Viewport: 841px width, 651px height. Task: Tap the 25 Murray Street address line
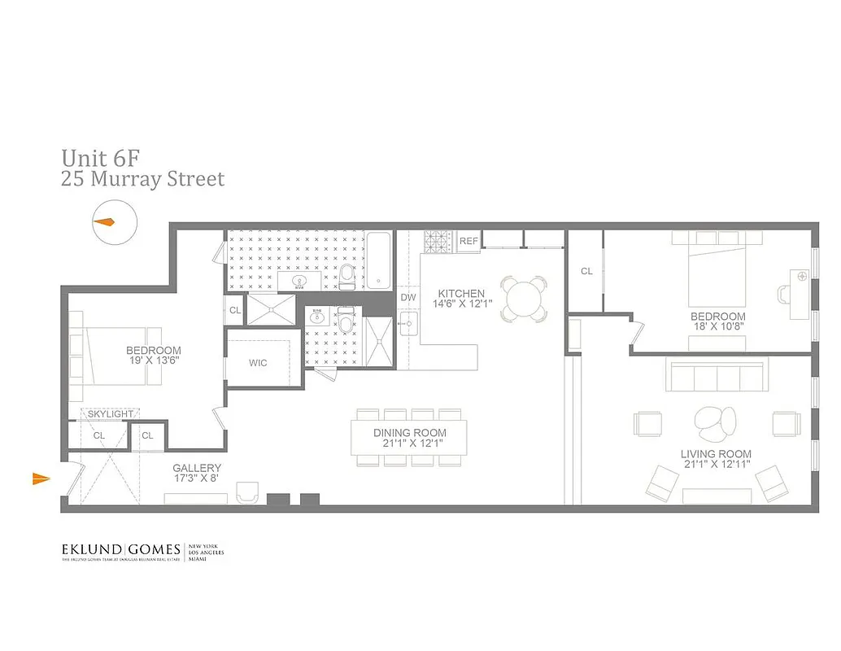(x=143, y=179)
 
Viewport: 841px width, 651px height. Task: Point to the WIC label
(x=258, y=362)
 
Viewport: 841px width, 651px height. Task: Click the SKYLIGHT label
(x=111, y=414)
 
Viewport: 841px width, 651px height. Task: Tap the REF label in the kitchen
(x=468, y=241)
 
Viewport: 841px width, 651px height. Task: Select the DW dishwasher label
(x=408, y=298)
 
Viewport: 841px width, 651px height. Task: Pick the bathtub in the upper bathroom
(x=378, y=260)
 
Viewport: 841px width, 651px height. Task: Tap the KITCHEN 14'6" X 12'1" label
(x=461, y=299)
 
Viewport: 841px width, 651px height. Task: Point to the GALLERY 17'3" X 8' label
(x=197, y=474)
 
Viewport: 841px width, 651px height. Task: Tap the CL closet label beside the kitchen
(x=586, y=271)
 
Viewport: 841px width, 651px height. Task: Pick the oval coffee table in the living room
(x=715, y=420)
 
